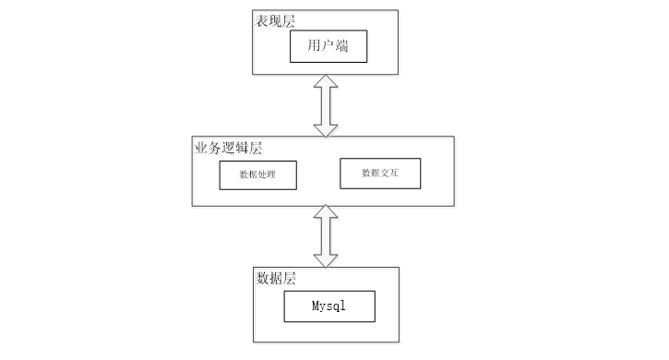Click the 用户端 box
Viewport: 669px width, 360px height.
[329, 46]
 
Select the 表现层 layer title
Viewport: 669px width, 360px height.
[275, 21]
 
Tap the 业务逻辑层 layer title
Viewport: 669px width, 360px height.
[228, 148]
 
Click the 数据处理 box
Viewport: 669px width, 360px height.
[258, 175]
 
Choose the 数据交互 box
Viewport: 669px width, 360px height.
[380, 174]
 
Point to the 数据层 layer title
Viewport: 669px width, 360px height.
[276, 278]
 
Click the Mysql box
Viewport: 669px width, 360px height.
[329, 306]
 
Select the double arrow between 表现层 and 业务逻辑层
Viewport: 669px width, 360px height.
[326, 106]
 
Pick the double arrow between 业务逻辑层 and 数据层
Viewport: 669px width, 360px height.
[326, 236]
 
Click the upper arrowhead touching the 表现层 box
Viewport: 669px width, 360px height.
[326, 81]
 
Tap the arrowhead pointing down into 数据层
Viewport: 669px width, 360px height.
[326, 261]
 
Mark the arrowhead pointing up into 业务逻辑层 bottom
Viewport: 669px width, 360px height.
[326, 211]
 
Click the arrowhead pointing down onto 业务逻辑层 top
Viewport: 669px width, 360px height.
[326, 131]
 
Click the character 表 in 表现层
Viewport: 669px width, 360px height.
[261, 21]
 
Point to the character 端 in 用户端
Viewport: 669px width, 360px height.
[341, 45]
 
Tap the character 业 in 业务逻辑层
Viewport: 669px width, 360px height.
[201, 148]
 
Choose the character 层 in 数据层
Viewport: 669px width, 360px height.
[289, 278]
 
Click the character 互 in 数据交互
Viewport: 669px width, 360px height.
[394, 173]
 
